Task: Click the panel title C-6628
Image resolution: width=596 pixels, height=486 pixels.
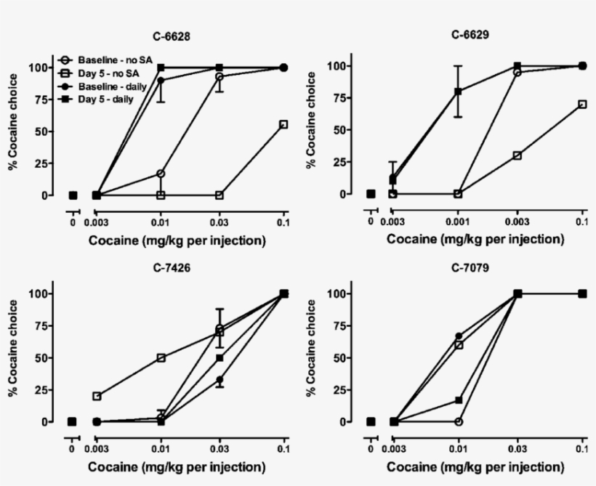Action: pos(177,35)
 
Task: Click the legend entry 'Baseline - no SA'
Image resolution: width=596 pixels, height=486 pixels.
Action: pos(108,60)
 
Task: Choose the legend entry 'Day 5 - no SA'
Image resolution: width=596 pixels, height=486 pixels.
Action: pos(104,73)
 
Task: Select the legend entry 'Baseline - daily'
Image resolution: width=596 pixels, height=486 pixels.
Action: pos(107,86)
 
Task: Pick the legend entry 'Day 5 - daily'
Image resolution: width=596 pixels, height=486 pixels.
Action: pos(102,99)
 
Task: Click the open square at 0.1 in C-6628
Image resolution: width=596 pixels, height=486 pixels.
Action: pos(283,124)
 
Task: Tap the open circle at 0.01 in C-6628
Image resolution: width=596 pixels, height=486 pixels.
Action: pos(161,174)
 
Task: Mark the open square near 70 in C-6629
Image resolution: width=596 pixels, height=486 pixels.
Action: pos(581,104)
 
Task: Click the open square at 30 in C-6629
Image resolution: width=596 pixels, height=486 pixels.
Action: pos(518,155)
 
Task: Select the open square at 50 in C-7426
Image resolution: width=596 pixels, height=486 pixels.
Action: pos(161,357)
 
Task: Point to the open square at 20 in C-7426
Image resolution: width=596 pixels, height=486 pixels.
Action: pos(96,396)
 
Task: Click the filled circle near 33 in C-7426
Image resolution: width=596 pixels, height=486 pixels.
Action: pos(219,379)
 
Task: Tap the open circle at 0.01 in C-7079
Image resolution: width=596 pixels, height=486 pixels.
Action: pos(459,421)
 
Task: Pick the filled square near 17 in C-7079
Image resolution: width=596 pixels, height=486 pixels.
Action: pos(459,400)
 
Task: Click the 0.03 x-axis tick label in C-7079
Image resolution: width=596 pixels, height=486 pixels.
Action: pos(518,448)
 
